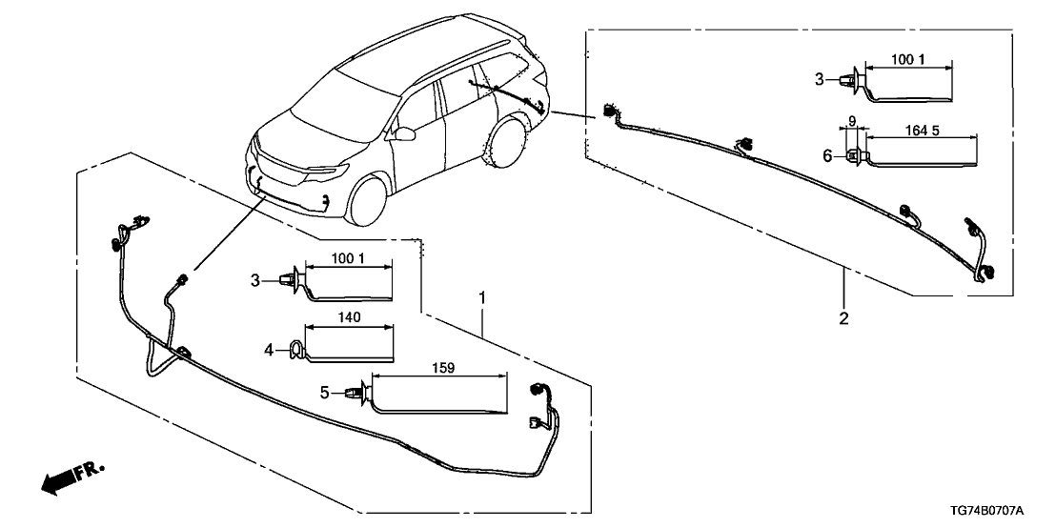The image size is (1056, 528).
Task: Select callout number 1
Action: coord(483,299)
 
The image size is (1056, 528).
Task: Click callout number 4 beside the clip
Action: coord(270,352)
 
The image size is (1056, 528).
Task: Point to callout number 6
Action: coord(827,156)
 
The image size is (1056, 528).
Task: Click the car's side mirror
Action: coord(408,134)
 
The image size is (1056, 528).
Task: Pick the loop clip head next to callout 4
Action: coord(295,352)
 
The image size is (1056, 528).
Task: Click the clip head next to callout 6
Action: coord(853,156)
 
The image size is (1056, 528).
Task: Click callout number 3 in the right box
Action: coord(819,79)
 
